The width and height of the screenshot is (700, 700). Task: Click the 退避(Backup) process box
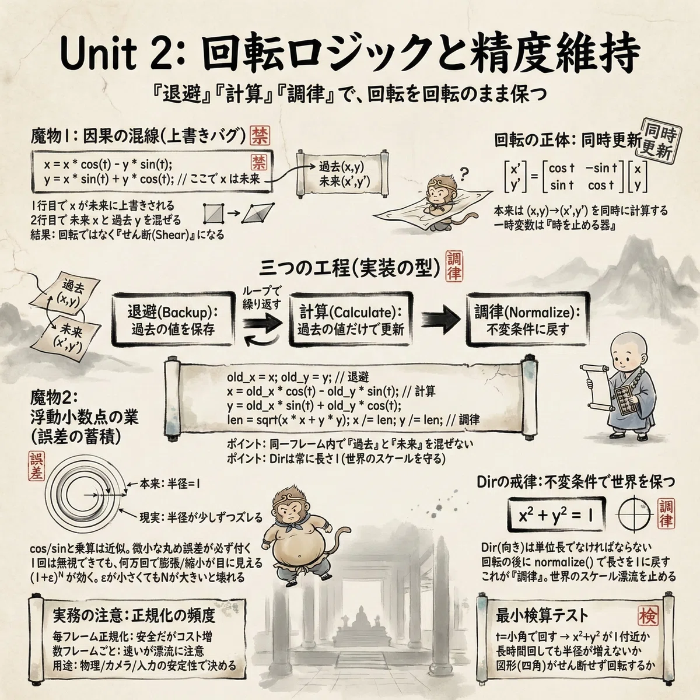(x=173, y=319)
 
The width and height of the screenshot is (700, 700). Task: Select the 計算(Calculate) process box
(x=351, y=319)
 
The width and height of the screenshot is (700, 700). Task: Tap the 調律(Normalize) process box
(x=527, y=319)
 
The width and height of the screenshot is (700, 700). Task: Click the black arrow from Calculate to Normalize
(x=440, y=320)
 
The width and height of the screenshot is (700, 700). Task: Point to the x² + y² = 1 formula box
(x=556, y=516)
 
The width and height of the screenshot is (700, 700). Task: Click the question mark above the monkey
(x=464, y=174)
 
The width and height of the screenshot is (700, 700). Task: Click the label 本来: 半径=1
(x=170, y=484)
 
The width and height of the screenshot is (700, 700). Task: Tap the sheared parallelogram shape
(x=258, y=213)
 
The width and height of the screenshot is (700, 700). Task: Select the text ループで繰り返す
(x=261, y=298)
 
